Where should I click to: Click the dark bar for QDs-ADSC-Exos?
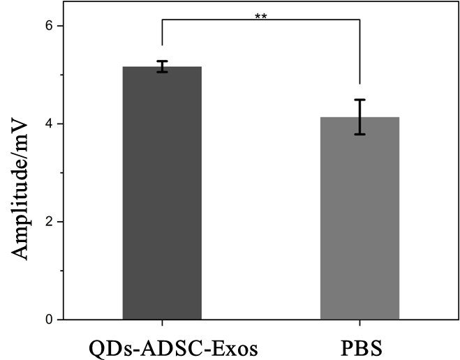(162, 195)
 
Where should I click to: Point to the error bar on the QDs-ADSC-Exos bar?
(162, 66)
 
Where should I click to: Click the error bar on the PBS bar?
(359, 117)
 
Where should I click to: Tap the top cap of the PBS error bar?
(359, 100)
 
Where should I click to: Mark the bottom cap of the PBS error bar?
(359, 134)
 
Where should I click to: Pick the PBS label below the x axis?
(359, 349)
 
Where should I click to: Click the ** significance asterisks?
(261, 15)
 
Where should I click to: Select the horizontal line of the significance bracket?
(261, 20)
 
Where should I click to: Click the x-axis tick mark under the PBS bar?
(359, 323)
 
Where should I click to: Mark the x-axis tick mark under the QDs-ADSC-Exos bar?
(162, 323)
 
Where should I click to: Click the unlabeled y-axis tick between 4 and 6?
(62, 75)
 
